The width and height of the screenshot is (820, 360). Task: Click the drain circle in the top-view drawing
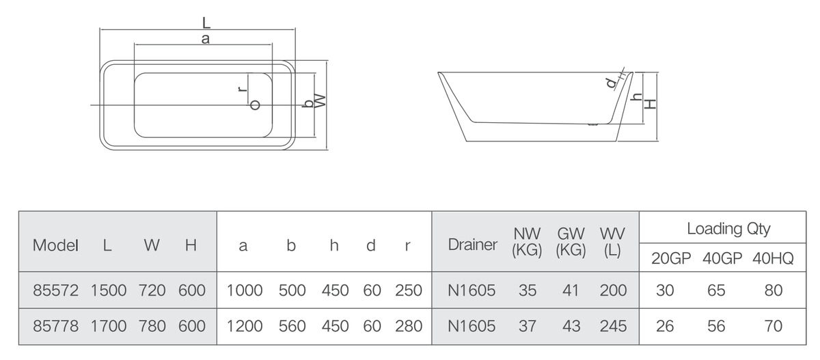[255, 105]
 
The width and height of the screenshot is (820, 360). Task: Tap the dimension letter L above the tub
[206, 23]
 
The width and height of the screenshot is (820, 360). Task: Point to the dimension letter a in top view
[206, 39]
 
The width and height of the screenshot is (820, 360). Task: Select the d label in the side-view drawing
[612, 83]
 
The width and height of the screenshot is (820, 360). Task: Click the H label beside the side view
[650, 105]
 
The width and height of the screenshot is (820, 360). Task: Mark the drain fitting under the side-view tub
[592, 125]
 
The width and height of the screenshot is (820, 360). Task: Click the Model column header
[55, 245]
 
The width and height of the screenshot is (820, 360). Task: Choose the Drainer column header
[473, 245]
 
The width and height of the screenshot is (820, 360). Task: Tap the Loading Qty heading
[728, 229]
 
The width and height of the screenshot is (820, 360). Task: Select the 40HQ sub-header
[773, 259]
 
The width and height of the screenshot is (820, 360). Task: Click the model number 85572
[55, 290]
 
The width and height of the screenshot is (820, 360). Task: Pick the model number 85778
[55, 326]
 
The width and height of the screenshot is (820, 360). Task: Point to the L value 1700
[109, 326]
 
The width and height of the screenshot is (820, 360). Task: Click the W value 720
[152, 290]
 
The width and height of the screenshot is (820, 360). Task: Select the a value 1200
[245, 326]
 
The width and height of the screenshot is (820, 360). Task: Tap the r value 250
[409, 290]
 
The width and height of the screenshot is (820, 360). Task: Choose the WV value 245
[613, 326]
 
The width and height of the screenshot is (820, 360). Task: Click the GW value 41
[571, 290]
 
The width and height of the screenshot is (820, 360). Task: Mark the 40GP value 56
[716, 326]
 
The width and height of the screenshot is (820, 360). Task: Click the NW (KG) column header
[527, 242]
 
